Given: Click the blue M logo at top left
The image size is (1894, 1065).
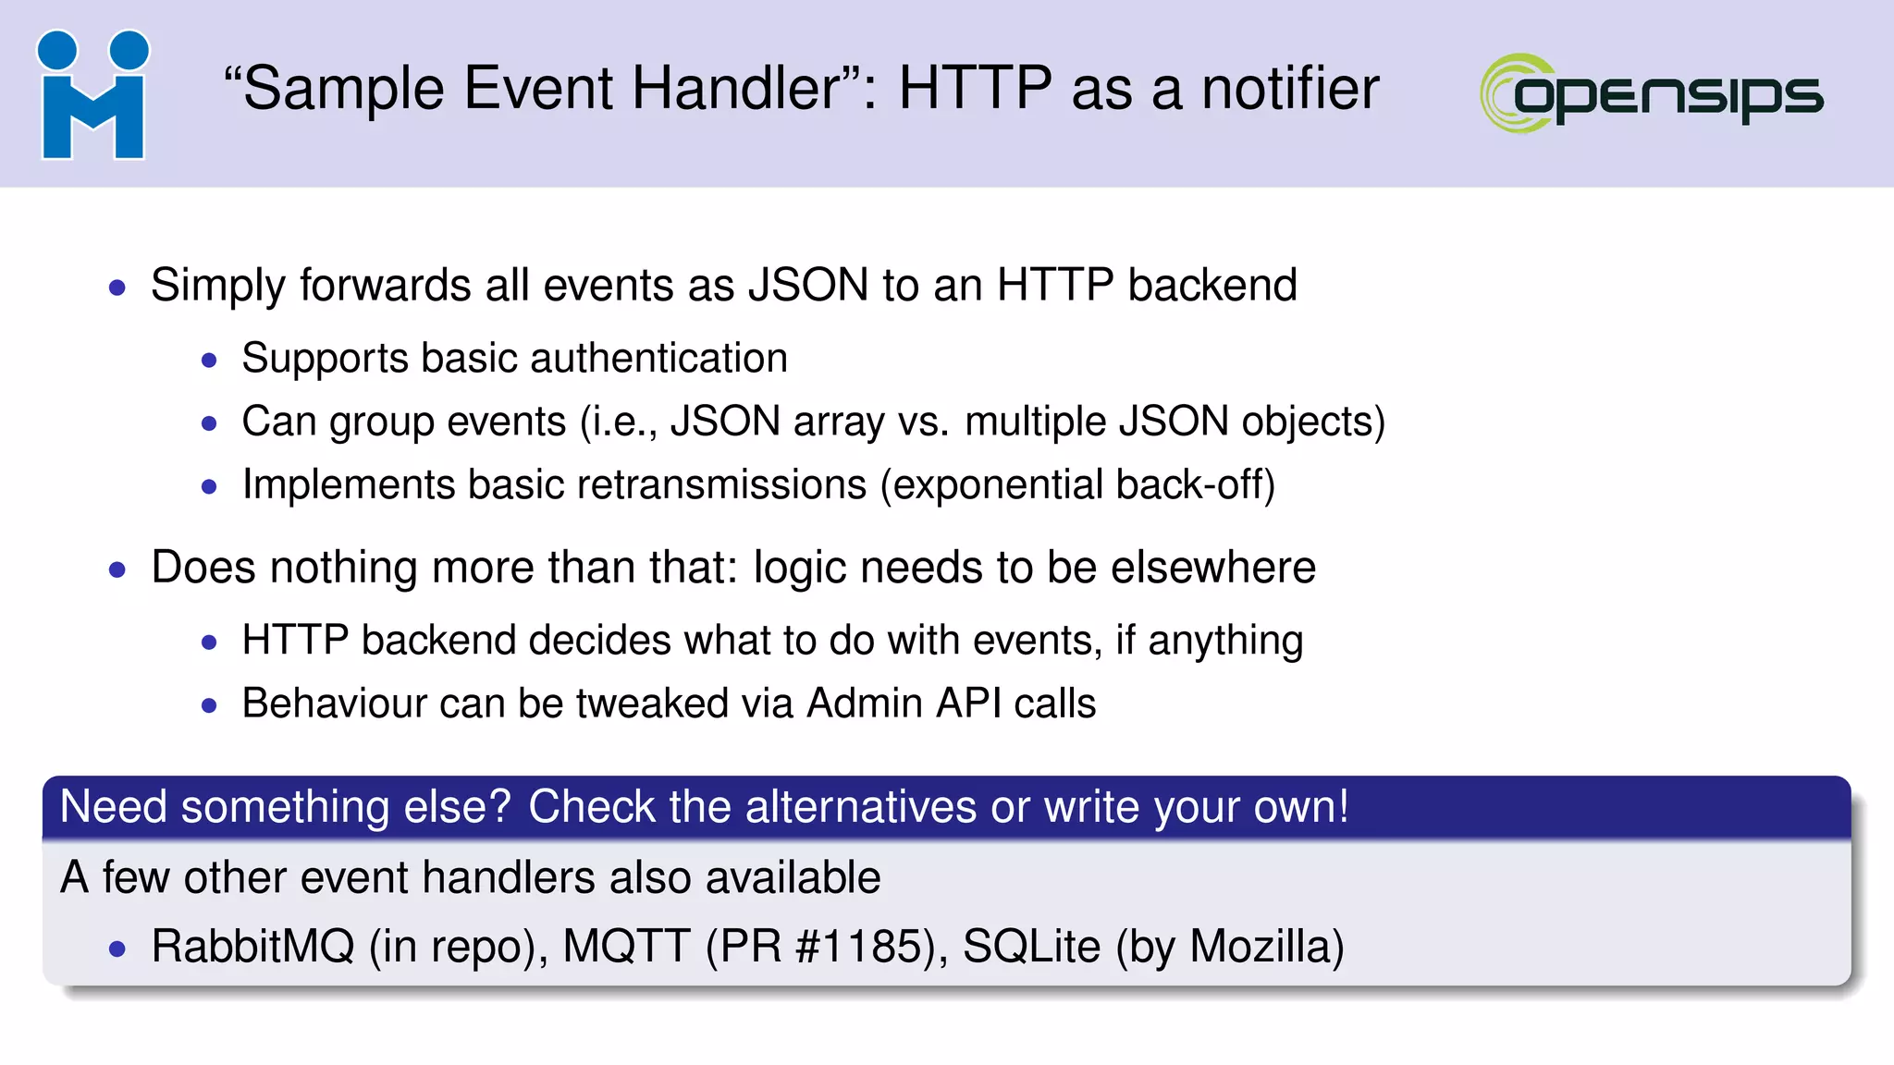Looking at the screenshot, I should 92,95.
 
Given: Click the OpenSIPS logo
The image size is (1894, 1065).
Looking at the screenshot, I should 1652,93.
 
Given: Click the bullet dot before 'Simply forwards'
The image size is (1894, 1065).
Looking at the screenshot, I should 117,288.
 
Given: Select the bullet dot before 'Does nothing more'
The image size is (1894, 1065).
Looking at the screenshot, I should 117,569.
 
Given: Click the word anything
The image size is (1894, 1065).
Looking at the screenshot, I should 1224,641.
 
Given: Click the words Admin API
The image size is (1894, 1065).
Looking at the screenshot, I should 904,704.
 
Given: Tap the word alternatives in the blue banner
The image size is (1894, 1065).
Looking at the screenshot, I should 860,806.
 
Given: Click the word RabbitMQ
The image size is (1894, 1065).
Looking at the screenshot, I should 252,947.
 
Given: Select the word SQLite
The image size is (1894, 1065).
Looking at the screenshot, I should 1031,947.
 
